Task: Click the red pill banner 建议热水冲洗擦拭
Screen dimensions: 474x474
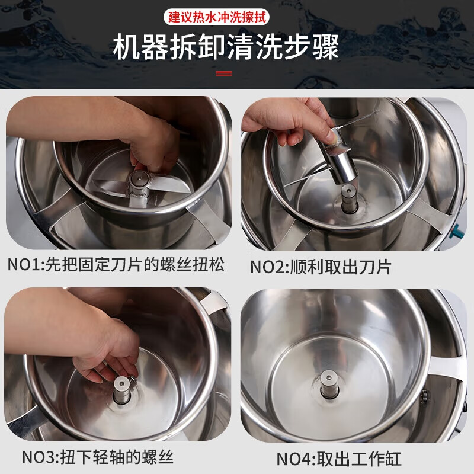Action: tap(216, 17)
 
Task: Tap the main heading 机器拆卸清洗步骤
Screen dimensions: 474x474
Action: tap(226, 47)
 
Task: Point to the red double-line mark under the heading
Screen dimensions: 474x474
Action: tap(224, 73)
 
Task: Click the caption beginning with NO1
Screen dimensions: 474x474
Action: tap(116, 264)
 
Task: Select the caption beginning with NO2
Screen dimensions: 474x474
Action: tap(321, 267)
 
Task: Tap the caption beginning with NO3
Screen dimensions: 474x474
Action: tap(98, 457)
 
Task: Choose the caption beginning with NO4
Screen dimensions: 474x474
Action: tap(339, 459)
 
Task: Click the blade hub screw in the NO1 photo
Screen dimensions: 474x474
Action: tap(139, 179)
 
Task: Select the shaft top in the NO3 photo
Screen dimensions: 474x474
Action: tap(121, 383)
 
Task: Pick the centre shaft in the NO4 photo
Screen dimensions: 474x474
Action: tap(329, 384)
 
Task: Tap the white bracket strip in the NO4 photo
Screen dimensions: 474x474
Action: tap(444, 368)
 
